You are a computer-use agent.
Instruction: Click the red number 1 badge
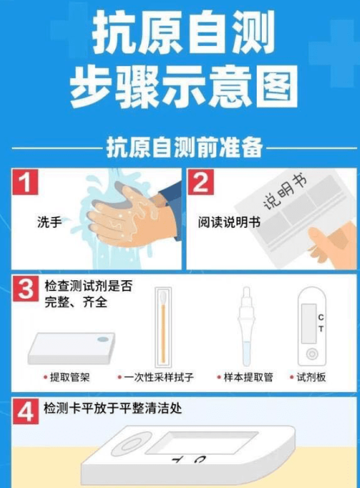(25, 182)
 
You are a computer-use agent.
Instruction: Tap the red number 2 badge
(201, 182)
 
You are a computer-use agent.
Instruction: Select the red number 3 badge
(26, 288)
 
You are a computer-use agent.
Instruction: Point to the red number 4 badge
(26, 411)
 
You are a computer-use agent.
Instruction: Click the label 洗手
(49, 222)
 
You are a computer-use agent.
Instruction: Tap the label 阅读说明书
(229, 222)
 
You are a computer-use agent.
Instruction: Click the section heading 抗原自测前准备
(184, 148)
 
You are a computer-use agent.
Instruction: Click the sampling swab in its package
(163, 327)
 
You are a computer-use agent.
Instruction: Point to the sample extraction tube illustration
(246, 326)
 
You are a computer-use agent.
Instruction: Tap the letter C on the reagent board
(321, 317)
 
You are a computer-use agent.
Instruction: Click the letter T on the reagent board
(321, 328)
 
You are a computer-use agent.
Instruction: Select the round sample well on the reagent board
(312, 354)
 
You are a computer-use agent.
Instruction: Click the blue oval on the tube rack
(103, 339)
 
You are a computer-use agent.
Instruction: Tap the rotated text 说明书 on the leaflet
(285, 191)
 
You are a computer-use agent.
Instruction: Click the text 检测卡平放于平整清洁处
(113, 408)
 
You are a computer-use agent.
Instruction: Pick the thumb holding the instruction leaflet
(319, 237)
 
